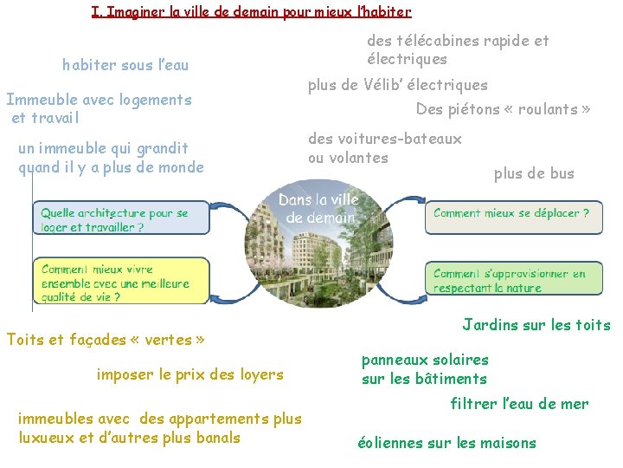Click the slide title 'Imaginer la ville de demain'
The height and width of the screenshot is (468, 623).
[251, 12]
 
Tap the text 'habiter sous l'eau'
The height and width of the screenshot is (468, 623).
[125, 65]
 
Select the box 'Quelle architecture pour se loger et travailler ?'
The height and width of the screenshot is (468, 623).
[121, 218]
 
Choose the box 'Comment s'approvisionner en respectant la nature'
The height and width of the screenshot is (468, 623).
[513, 280]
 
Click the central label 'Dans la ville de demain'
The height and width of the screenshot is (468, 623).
[318, 209]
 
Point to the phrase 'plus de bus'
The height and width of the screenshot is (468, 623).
[534, 174]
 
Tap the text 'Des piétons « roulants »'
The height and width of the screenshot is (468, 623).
[504, 109]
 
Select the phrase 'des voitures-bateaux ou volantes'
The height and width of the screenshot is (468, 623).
[385, 148]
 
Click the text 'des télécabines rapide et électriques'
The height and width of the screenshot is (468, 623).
[458, 49]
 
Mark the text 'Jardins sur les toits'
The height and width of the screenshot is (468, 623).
[536, 326]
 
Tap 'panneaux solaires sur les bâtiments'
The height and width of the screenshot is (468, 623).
[425, 369]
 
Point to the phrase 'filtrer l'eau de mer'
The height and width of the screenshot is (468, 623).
[519, 404]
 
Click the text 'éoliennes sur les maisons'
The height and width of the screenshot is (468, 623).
[446, 443]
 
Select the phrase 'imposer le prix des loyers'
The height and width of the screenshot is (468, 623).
[190, 375]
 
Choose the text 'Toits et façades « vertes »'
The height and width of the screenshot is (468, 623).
[106, 340]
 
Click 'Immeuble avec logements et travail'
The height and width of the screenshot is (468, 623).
[99, 108]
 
